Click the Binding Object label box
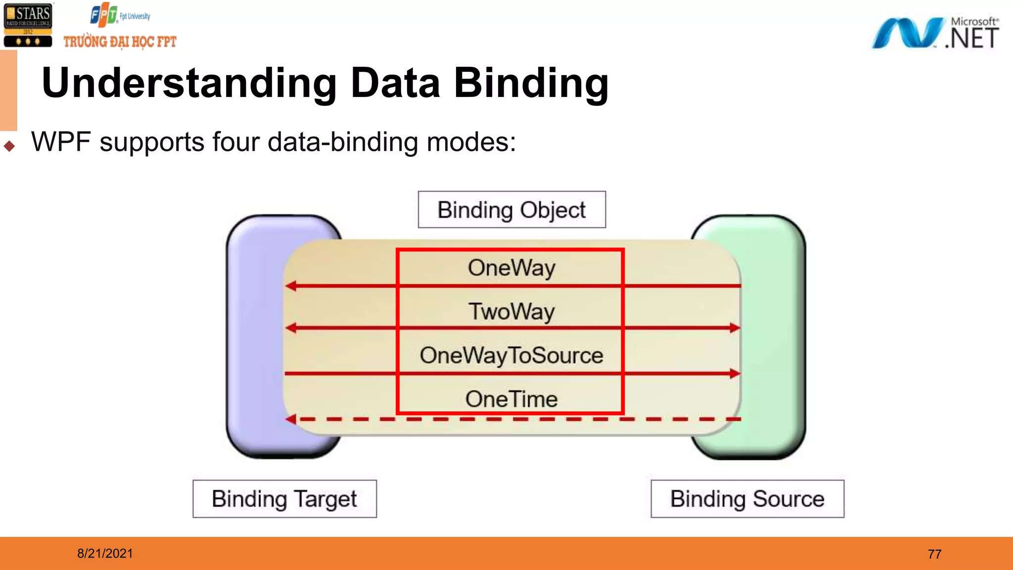(x=511, y=210)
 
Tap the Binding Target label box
(x=284, y=499)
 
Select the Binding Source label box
(x=747, y=499)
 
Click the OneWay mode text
(x=511, y=268)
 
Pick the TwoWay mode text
(x=511, y=312)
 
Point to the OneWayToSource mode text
(x=511, y=355)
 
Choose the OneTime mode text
(x=511, y=399)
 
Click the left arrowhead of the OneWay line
(x=291, y=286)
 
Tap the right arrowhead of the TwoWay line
(x=735, y=328)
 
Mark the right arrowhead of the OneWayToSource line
(x=735, y=373)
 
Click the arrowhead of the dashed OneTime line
(x=291, y=419)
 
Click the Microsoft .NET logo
(x=935, y=34)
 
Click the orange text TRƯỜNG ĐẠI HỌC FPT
(x=120, y=42)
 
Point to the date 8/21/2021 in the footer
(x=105, y=553)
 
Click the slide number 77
(x=934, y=554)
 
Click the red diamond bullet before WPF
(x=9, y=146)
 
